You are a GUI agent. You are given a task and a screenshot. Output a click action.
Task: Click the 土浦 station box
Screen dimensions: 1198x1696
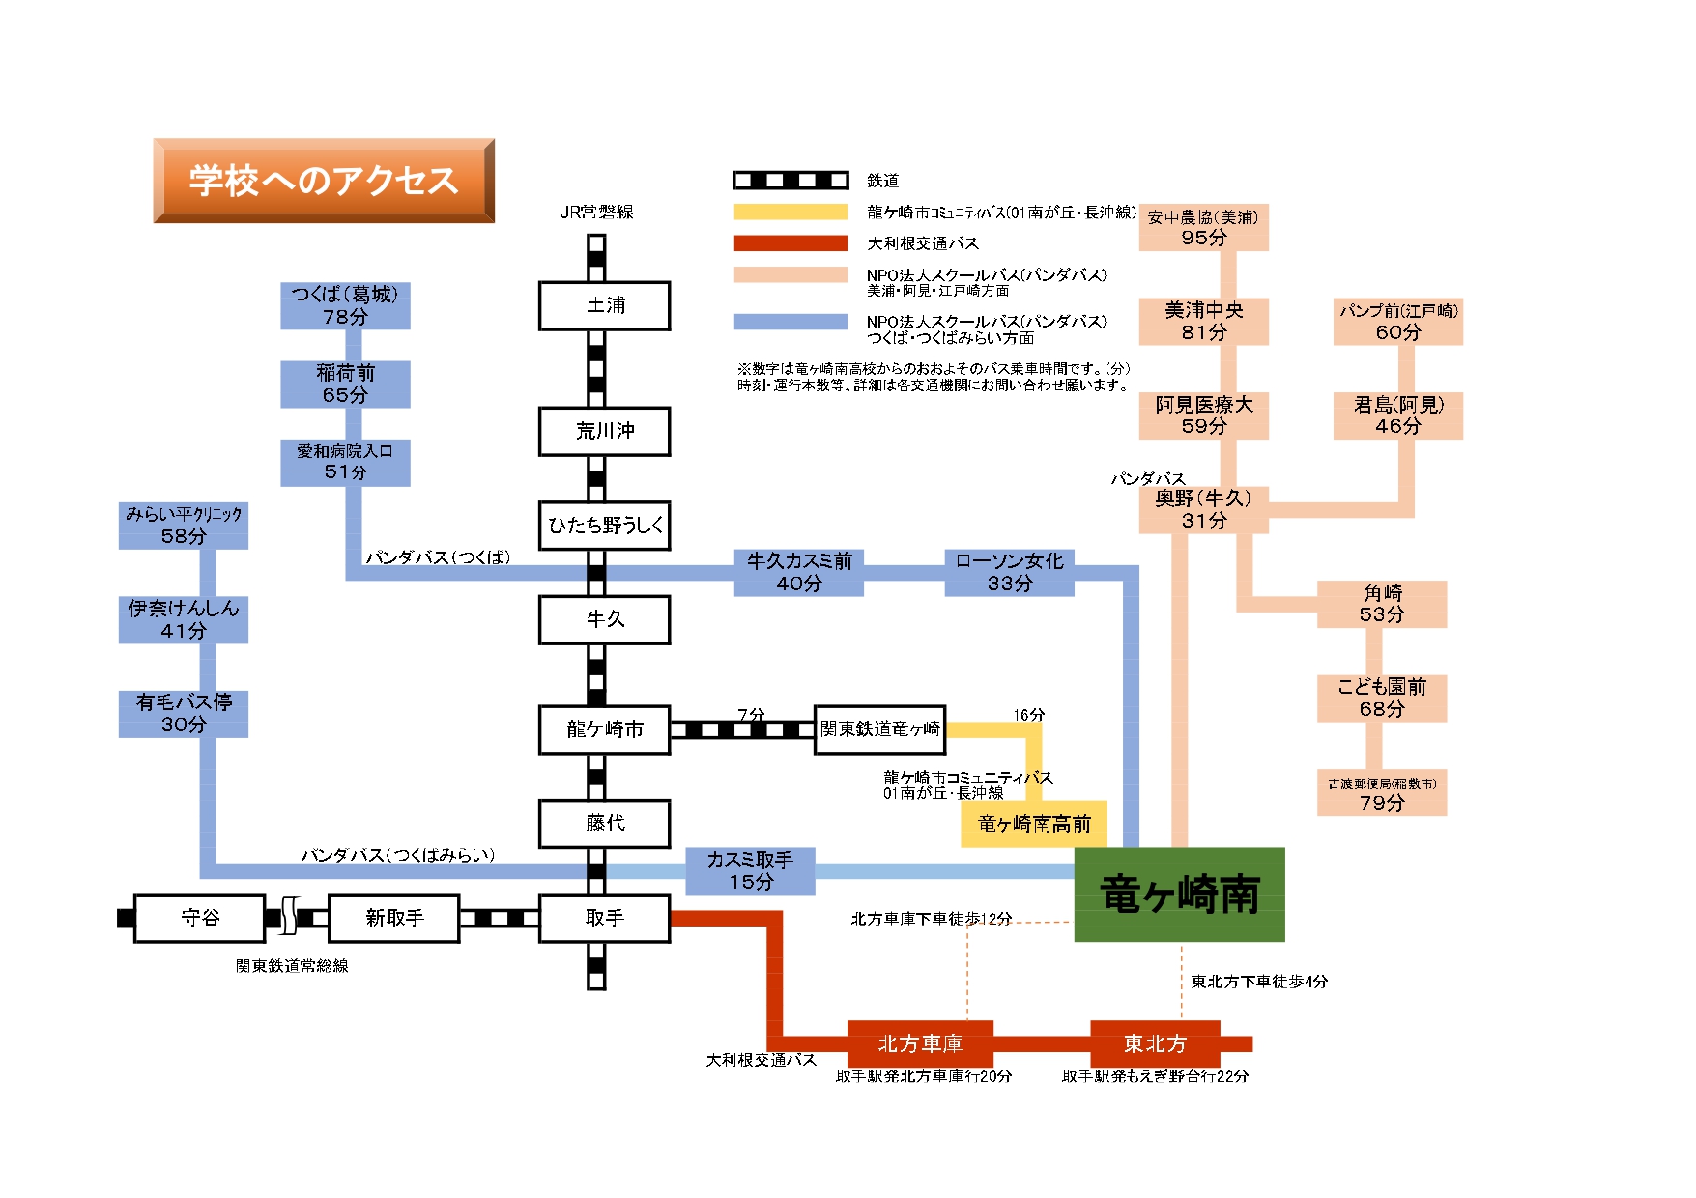point(604,306)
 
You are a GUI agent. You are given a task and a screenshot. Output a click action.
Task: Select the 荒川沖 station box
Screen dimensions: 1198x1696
point(604,431)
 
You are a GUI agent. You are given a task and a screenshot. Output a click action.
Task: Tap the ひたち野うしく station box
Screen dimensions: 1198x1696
point(604,526)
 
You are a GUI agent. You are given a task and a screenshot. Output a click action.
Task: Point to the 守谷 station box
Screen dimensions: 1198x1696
point(200,918)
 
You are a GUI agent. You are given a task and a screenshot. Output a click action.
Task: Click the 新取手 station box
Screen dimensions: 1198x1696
point(393,918)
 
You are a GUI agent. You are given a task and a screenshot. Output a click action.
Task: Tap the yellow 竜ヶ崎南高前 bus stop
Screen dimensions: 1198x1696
point(1033,824)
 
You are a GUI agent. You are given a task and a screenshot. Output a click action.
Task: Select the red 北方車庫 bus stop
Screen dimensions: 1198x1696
point(920,1043)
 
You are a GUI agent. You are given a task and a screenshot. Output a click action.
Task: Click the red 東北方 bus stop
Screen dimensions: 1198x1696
point(1155,1043)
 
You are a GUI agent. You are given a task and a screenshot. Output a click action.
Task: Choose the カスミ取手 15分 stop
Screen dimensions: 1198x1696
point(750,870)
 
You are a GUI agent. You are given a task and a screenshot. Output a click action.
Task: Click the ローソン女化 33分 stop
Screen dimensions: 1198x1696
point(1009,573)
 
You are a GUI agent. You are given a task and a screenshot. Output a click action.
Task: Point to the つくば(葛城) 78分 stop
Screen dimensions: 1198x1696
point(345,305)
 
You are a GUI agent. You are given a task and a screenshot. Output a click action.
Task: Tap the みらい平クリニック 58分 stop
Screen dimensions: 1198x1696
point(184,526)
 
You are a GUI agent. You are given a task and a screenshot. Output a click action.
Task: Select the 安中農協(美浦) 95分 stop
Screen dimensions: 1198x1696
point(1203,227)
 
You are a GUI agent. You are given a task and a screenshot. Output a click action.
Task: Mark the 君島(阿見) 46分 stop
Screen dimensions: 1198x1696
point(1397,415)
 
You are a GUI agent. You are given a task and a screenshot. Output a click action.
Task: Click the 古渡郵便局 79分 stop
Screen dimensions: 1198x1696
point(1381,793)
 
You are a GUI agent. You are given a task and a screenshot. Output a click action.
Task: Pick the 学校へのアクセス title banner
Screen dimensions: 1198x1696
point(324,181)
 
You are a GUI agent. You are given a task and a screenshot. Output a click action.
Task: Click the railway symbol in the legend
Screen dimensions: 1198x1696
point(790,181)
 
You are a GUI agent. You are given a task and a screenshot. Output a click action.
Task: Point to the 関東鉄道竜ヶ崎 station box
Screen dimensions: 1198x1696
point(879,729)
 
